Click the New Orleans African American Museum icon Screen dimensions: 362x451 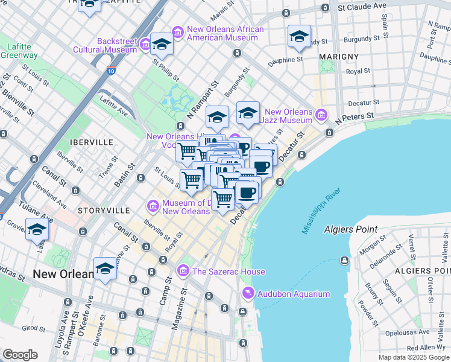(177, 31)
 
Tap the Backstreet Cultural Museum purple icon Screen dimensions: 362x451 (145, 44)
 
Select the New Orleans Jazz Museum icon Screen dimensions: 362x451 (321, 114)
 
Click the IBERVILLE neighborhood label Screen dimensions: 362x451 (92, 142)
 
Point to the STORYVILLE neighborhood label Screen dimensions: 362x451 (104, 210)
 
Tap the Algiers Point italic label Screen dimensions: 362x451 (350, 229)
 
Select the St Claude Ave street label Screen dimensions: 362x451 (362, 7)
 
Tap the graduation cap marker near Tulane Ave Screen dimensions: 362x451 (37, 230)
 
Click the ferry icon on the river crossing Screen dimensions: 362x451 (344, 261)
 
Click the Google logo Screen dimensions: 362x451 (20, 355)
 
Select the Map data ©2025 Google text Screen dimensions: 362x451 (414, 357)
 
